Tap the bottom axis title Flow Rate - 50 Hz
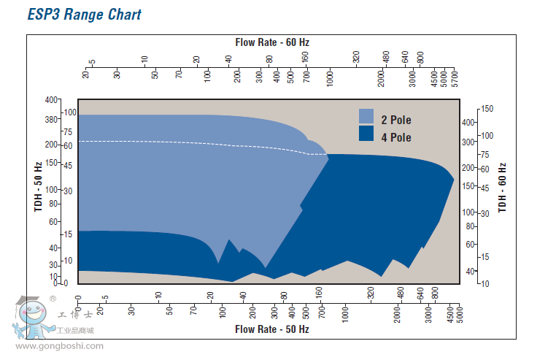(x=272, y=329)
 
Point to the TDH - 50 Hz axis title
(x=39, y=188)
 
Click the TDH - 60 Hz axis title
(x=503, y=188)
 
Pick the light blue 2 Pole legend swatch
(x=366, y=117)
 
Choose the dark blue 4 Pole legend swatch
(x=366, y=134)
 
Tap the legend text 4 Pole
(x=396, y=137)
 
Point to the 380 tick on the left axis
(x=50, y=119)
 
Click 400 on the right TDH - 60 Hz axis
(x=468, y=122)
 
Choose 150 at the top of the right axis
(x=487, y=109)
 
